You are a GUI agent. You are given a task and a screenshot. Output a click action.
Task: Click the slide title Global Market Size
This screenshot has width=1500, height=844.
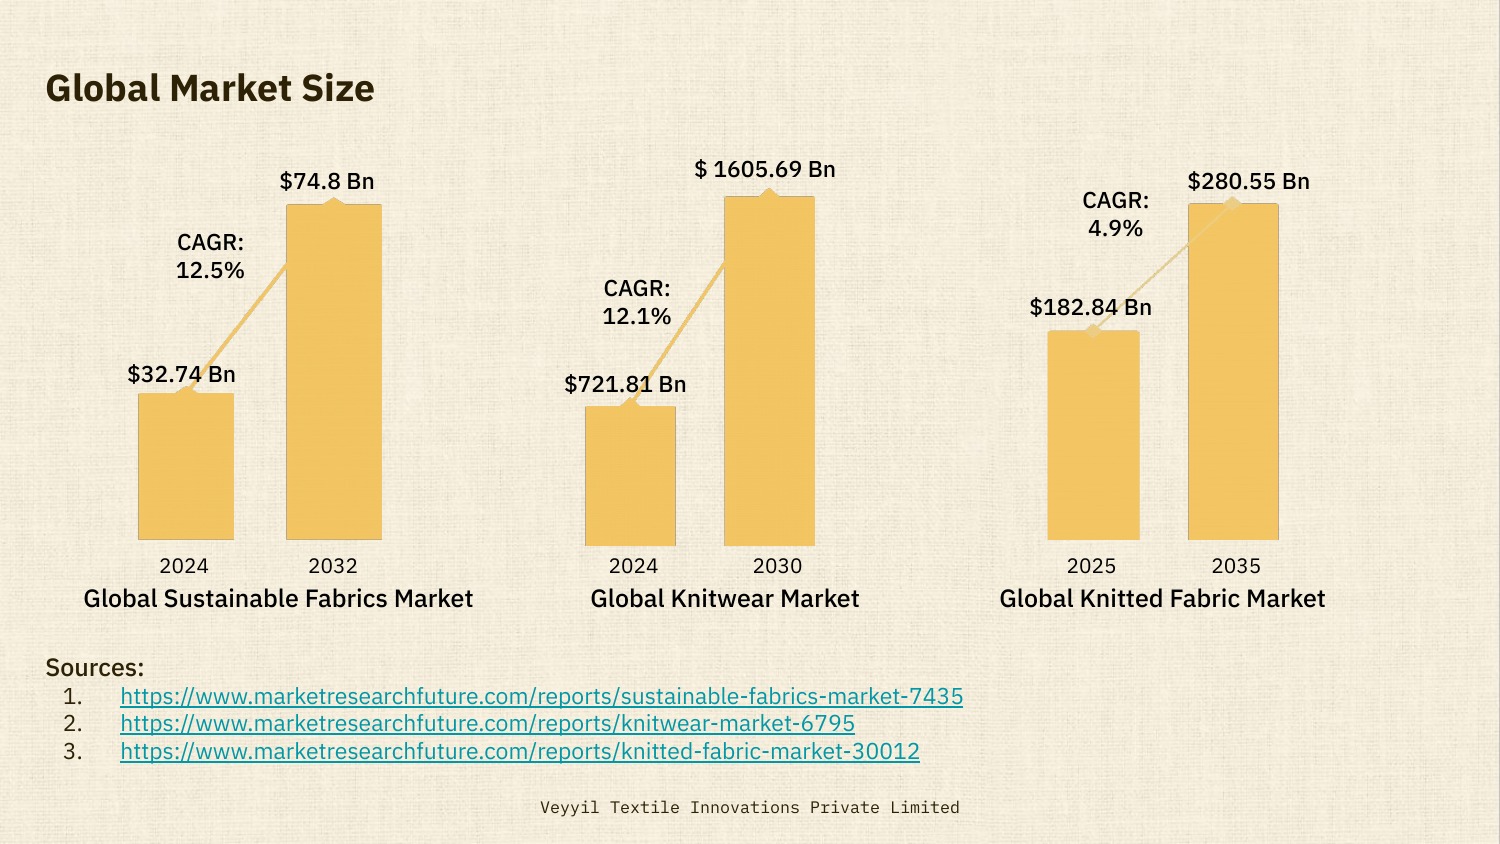click(210, 88)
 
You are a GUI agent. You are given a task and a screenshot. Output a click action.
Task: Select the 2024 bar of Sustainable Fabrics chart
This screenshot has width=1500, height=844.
click(186, 466)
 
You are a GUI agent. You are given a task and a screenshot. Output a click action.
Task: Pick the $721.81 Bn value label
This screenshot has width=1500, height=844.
click(625, 384)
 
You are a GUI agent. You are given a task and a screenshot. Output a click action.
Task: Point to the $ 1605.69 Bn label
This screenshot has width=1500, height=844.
click(765, 169)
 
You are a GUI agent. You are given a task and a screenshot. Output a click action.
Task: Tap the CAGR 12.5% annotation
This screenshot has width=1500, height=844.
click(210, 256)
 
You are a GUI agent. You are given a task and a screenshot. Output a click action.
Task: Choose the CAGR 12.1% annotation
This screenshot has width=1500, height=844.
click(637, 302)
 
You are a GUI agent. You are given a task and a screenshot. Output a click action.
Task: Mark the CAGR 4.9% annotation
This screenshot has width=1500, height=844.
click(1116, 214)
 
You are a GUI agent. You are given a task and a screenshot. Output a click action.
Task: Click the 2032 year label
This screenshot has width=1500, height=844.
click(333, 566)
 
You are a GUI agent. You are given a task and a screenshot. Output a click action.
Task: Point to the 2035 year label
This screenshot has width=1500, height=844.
click(1236, 566)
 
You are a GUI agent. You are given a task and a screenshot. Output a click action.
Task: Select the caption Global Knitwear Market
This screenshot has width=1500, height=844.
click(725, 598)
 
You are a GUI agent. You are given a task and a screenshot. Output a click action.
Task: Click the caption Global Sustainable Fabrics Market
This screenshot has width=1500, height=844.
click(278, 598)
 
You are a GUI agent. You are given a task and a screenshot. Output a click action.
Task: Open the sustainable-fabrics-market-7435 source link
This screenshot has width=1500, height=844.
click(541, 696)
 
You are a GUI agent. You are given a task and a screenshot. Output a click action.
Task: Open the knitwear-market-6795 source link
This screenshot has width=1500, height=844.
click(487, 723)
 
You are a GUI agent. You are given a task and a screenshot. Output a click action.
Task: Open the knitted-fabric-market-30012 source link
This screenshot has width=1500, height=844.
click(520, 751)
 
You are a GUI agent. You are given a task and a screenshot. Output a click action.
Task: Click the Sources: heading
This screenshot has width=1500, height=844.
click(95, 667)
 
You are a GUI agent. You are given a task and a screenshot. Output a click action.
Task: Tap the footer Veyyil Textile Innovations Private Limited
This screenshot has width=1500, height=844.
click(750, 807)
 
